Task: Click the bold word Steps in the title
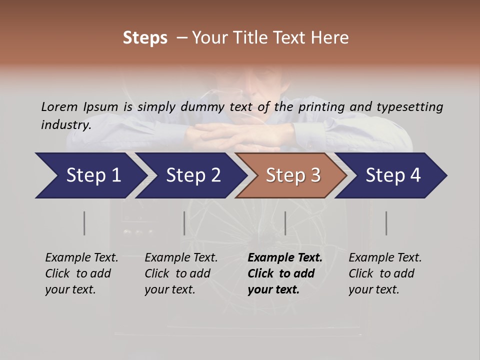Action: pos(145,38)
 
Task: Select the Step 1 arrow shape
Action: pos(90,175)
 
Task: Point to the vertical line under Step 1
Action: pos(84,223)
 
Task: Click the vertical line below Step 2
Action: pos(184,223)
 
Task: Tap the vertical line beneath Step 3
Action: pos(285,223)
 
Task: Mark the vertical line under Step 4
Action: pos(386,223)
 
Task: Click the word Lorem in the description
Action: pos(59,107)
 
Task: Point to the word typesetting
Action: pos(409,107)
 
